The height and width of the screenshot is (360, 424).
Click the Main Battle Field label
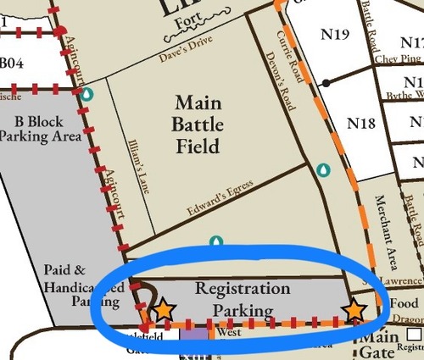(x=197, y=125)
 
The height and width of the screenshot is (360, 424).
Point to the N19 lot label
(x=335, y=35)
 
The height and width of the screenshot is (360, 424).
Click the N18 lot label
(x=361, y=124)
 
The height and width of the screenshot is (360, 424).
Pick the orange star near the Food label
(x=355, y=311)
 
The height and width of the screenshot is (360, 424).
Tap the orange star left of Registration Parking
(x=163, y=311)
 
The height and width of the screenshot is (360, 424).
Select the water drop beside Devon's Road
(x=322, y=170)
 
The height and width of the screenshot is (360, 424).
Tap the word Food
(x=404, y=303)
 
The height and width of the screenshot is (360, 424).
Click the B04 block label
(x=12, y=62)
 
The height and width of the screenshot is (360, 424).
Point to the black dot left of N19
(x=326, y=83)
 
